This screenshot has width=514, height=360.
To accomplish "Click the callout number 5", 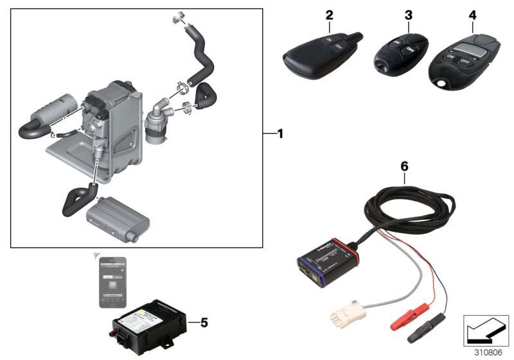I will click(204, 322).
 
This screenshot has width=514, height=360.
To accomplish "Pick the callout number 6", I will click(403, 165).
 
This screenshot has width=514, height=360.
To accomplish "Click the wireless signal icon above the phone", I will click(97, 256).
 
